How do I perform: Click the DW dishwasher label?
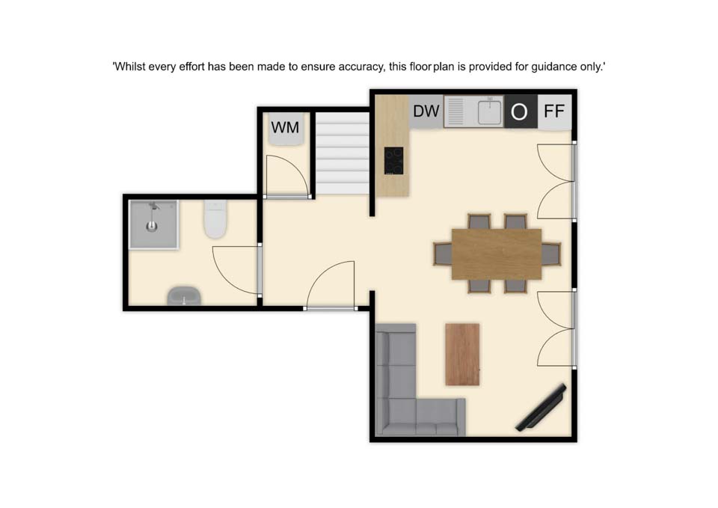(x=426, y=111)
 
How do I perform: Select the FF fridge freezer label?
(x=554, y=111)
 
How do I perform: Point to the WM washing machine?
(x=285, y=129)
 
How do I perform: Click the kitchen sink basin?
(x=489, y=111)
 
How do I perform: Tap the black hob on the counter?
(x=394, y=161)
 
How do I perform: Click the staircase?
(x=342, y=153)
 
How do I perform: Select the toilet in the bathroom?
(x=215, y=219)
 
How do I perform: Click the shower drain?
(x=152, y=226)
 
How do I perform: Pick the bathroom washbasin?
(x=184, y=296)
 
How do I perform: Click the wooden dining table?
(x=497, y=254)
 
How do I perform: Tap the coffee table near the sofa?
(x=462, y=355)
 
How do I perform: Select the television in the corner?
(x=541, y=408)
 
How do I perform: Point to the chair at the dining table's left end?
(x=443, y=254)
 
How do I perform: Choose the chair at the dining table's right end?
(x=551, y=254)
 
